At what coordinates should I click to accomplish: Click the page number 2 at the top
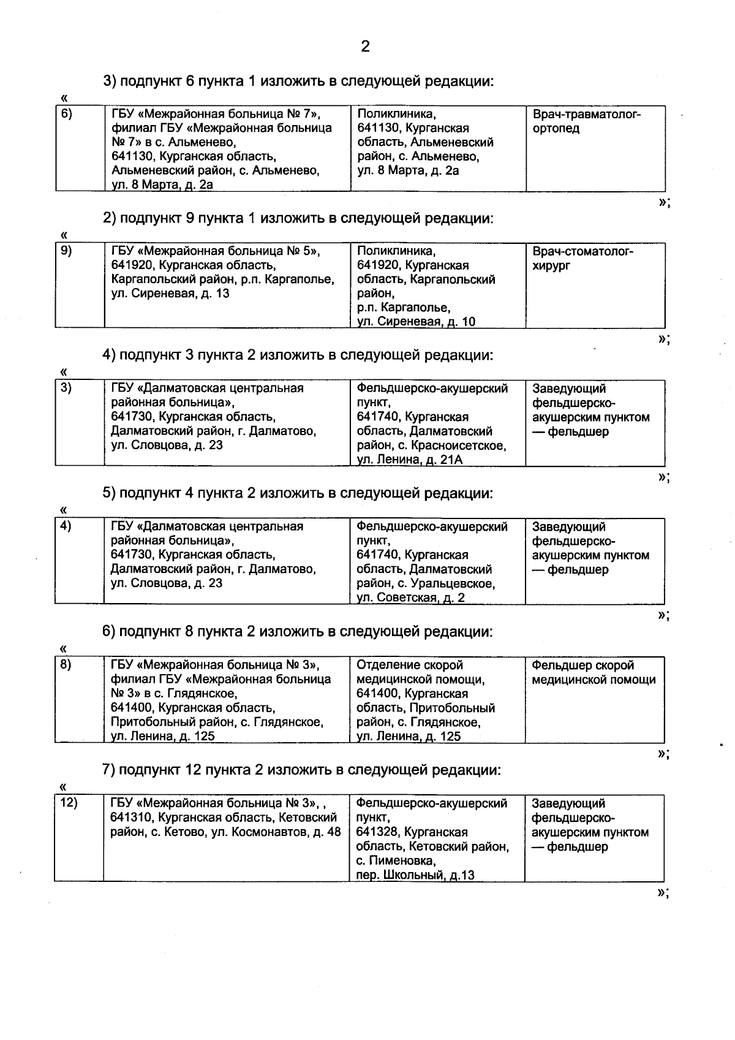pos(365,47)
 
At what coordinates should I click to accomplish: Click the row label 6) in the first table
pos(66,113)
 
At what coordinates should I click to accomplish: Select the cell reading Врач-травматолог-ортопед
pos(586,121)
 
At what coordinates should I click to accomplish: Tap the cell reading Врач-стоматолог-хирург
pos(582,259)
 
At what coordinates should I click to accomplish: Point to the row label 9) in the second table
pos(66,251)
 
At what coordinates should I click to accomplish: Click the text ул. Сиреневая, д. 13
pos(170,294)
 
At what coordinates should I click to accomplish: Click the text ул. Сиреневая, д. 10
pos(416,322)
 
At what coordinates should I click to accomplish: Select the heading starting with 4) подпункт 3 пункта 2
pos(298,355)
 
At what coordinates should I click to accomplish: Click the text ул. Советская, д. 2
pos(410,598)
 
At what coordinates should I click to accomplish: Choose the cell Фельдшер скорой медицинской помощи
pos(593,672)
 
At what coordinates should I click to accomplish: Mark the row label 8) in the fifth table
pos(66,665)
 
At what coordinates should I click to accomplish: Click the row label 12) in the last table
pos(68,803)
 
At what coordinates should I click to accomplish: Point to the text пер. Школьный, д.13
pos(415,875)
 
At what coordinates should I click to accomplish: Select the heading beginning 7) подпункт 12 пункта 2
pos(301,770)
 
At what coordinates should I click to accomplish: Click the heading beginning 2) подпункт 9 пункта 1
pos(298,218)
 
